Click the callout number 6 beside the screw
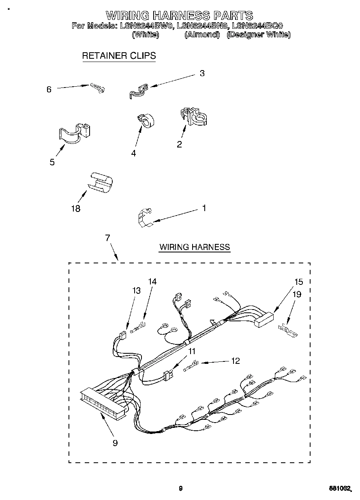[49, 90]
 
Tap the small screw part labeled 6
[98, 87]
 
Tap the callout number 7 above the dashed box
[107, 238]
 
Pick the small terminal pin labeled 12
[190, 367]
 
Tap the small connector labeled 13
[122, 335]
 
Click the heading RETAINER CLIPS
[119, 56]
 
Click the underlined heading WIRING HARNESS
[195, 247]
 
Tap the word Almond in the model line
[202, 35]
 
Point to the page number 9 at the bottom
[180, 488]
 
